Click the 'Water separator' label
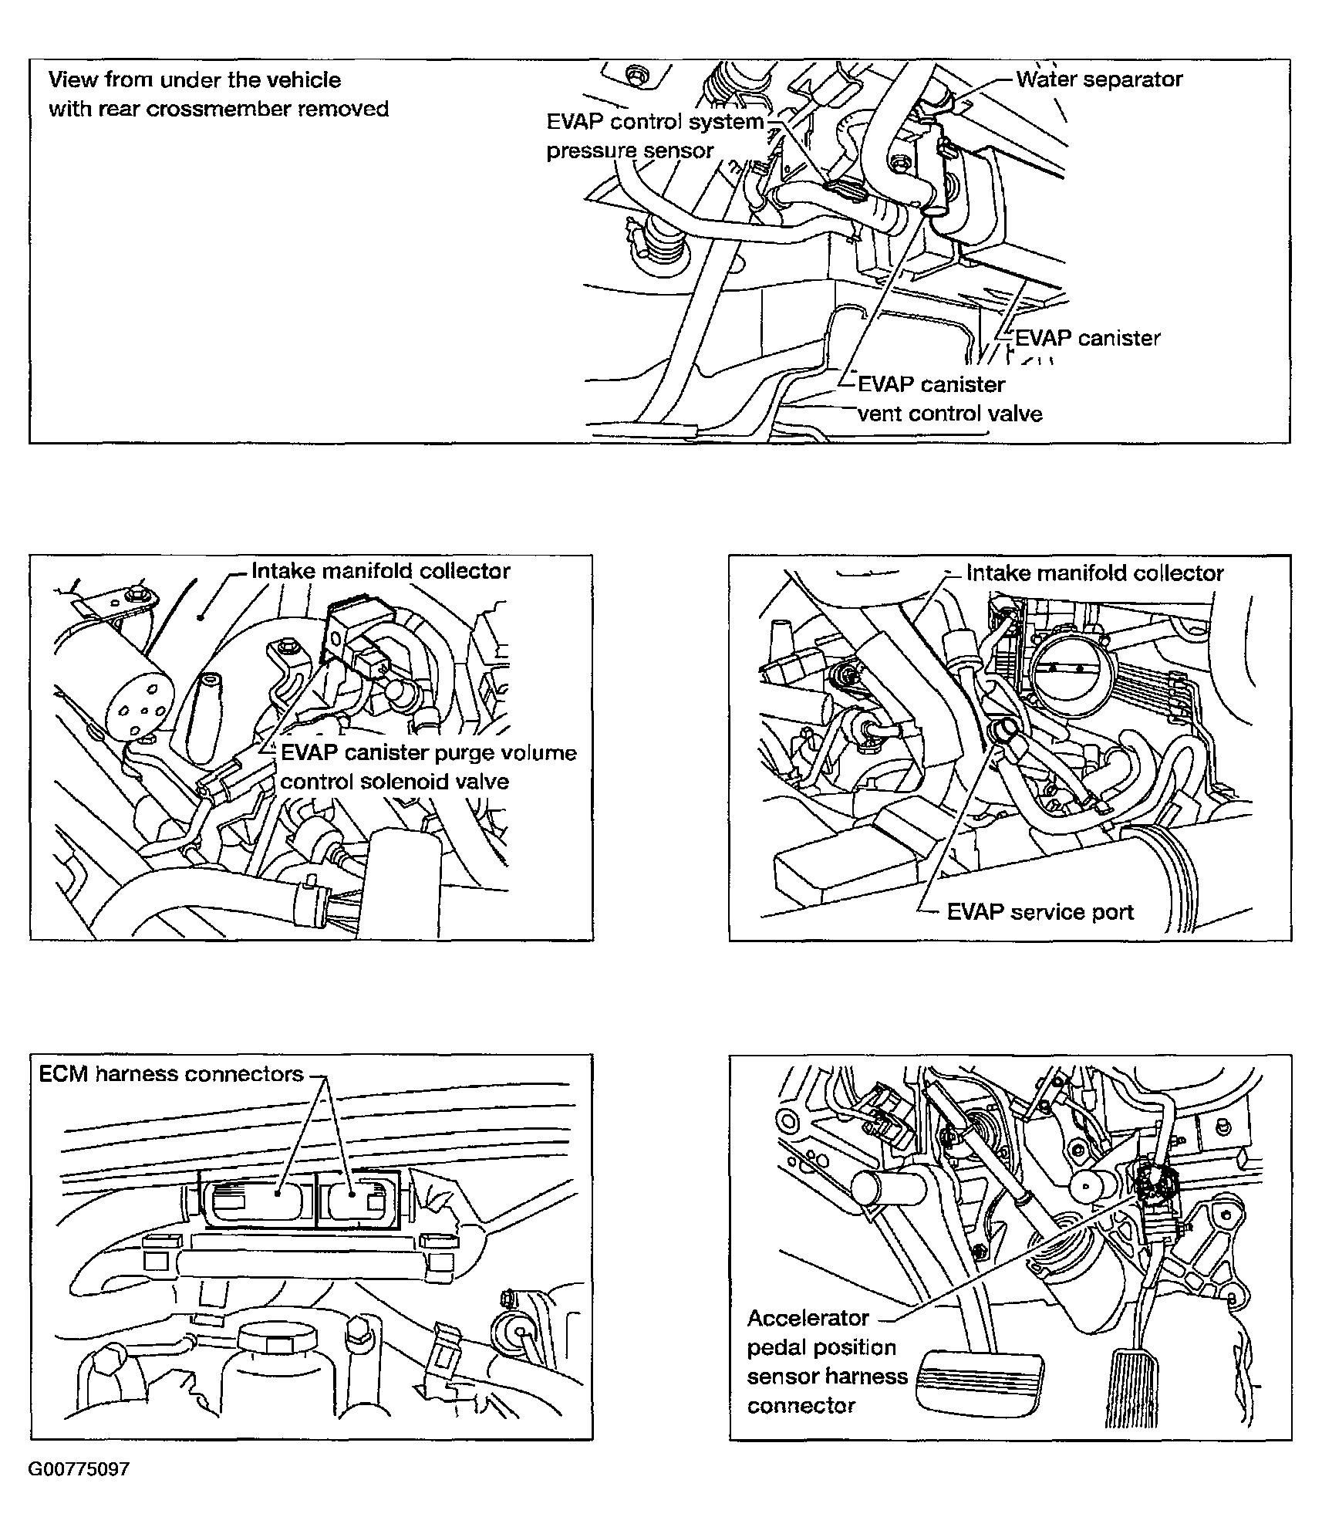tap(1098, 79)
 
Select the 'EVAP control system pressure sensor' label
tap(654, 136)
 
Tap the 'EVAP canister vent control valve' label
tap(949, 399)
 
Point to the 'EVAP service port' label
tap(1040, 912)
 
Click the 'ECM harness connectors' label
tap(171, 1074)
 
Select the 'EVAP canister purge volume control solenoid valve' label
tap(428, 767)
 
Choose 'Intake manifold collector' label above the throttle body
tap(1094, 573)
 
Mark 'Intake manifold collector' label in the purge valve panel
tap(381, 571)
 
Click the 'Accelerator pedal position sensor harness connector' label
tap(825, 1361)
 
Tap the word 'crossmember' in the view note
tap(220, 109)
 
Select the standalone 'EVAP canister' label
tap(1087, 338)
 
